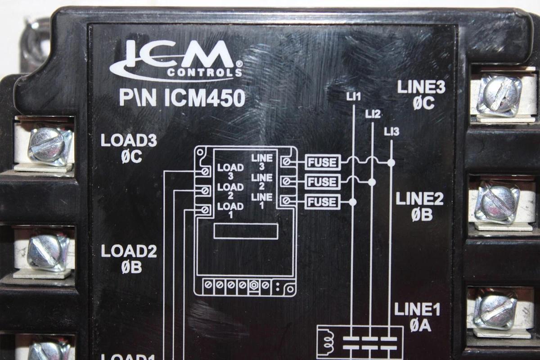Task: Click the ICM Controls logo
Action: (x=176, y=60)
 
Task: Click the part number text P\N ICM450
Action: (x=182, y=98)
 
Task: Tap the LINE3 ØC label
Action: (x=421, y=95)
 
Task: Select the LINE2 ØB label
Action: (x=420, y=207)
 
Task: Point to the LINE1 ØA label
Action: (x=417, y=317)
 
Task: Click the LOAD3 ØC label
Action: (x=128, y=148)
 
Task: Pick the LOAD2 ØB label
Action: (x=129, y=258)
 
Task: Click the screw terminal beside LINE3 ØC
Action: (x=499, y=95)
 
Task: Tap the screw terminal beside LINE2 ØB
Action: (x=497, y=203)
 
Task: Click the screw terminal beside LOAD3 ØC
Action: (x=49, y=145)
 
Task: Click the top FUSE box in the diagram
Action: (x=323, y=162)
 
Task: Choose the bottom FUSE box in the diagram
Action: (x=322, y=202)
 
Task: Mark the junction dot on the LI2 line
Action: (x=372, y=182)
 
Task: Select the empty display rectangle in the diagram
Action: (x=246, y=231)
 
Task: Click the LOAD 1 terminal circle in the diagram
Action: (x=205, y=210)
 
